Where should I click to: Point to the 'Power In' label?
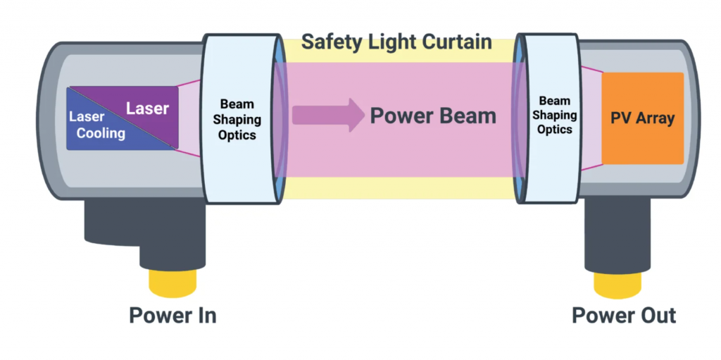pyautogui.click(x=173, y=315)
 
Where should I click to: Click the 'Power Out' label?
pyautogui.click(x=624, y=315)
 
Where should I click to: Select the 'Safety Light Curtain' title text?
pyautogui.click(x=396, y=42)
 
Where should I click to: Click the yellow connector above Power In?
pyautogui.click(x=173, y=283)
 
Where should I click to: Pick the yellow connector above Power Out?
pyautogui.click(x=617, y=283)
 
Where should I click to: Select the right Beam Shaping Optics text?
pyautogui.click(x=554, y=116)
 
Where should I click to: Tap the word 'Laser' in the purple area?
pyautogui.click(x=147, y=108)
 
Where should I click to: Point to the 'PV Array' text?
pyautogui.click(x=642, y=118)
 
